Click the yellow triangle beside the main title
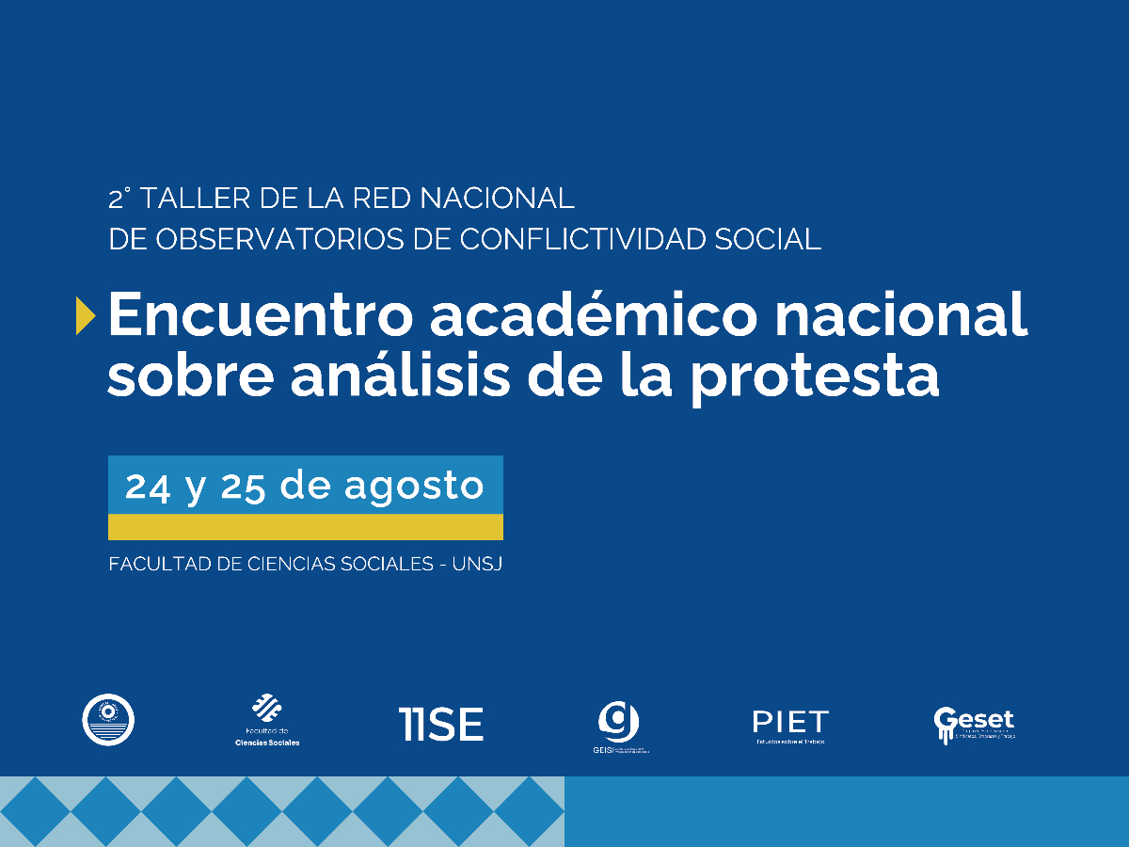coord(86,315)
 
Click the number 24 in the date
coord(148,486)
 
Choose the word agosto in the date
coord(414,487)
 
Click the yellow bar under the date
coord(305,527)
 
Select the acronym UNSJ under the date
coord(478,565)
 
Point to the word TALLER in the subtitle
coord(195,200)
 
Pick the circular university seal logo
coord(108,720)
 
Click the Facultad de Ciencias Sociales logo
coord(267,720)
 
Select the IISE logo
coord(440,724)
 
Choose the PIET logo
coord(790,725)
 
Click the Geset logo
coord(973,724)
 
